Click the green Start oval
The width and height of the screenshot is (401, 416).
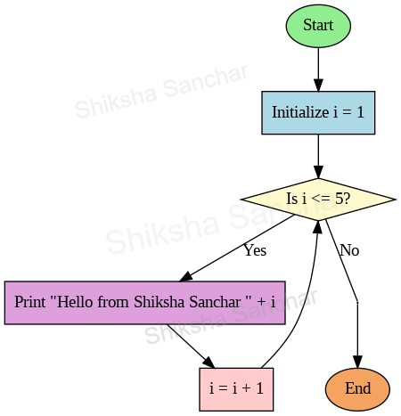point(318,25)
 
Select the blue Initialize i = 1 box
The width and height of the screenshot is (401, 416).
point(318,112)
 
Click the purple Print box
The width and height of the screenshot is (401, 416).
point(144,302)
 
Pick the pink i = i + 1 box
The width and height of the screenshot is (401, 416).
point(236,388)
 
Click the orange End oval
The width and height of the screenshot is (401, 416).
point(357,388)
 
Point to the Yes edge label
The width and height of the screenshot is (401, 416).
point(255,250)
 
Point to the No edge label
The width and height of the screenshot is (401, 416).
point(349,250)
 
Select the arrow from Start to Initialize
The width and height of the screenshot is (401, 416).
point(318,68)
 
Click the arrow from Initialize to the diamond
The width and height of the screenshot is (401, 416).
point(318,155)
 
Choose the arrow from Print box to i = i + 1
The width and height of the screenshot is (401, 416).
point(190,345)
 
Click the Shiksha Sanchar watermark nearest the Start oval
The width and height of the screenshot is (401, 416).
point(160,92)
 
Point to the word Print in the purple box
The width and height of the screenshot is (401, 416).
point(30,302)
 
